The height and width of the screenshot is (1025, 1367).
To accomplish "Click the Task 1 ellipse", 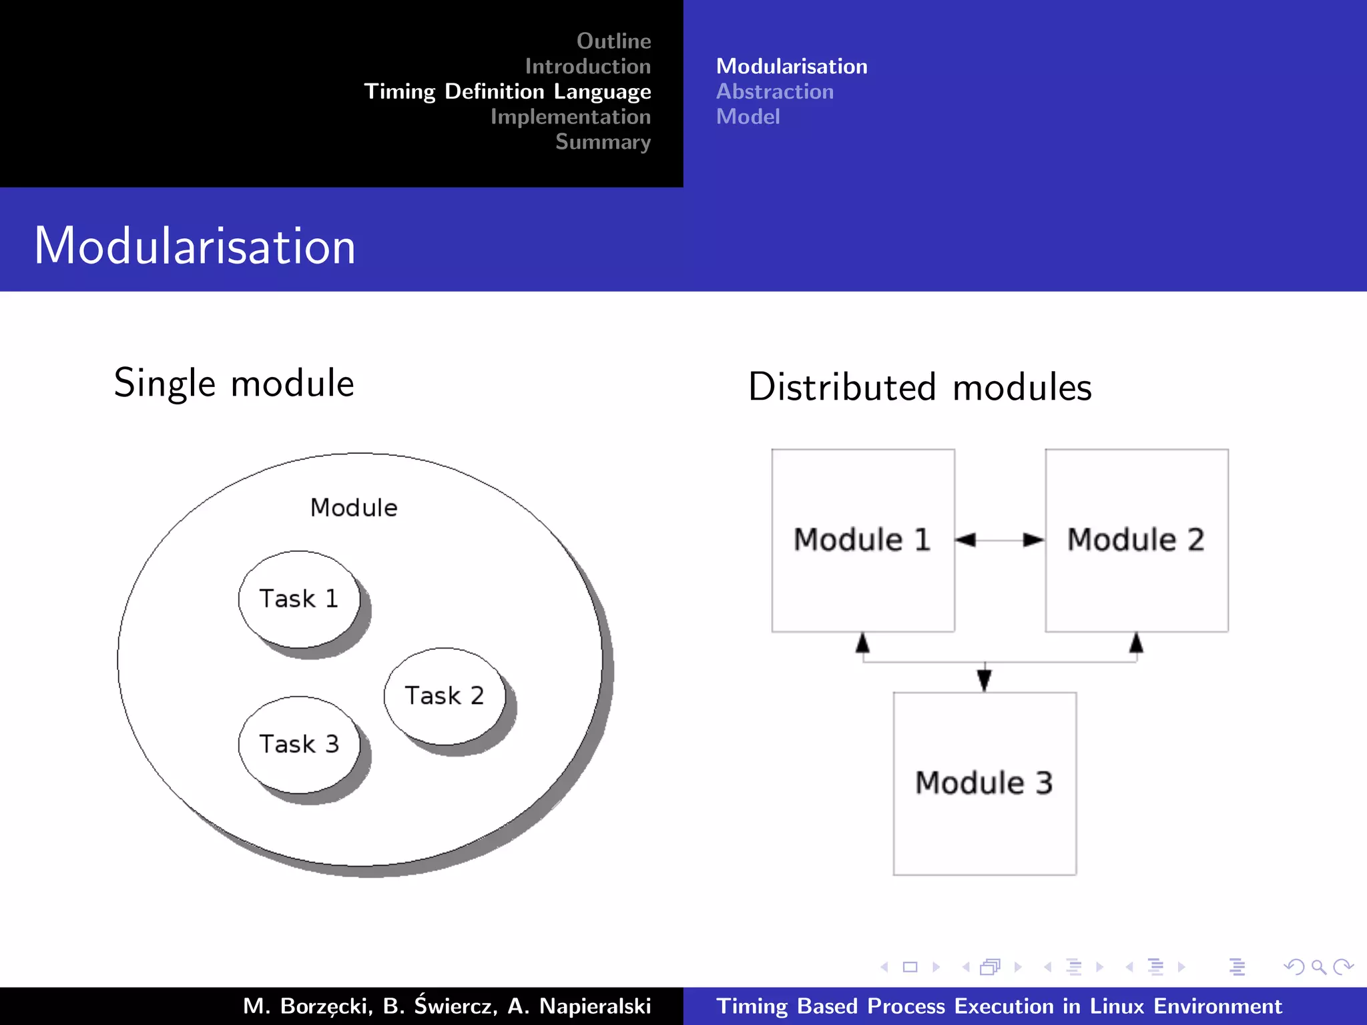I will pyautogui.click(x=298, y=599).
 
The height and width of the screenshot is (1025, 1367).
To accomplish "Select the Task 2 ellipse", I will pyautogui.click(x=444, y=696).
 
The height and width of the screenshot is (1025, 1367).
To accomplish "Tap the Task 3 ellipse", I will pyautogui.click(x=298, y=744).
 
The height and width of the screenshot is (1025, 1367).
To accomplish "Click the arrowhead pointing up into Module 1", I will pyautogui.click(x=862, y=643).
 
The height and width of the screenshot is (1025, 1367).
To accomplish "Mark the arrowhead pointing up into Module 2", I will pyautogui.click(x=1136, y=643).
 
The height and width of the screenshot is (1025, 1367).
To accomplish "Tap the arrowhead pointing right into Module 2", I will pyautogui.click(x=1033, y=540).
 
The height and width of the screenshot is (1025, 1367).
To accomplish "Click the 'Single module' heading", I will pyautogui.click(x=234, y=383).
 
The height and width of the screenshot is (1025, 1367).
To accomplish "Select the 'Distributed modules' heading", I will pyautogui.click(x=920, y=387).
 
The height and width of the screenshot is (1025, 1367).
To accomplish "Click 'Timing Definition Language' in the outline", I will pyautogui.click(x=507, y=91).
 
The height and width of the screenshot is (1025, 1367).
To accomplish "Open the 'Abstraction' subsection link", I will pyautogui.click(x=774, y=91).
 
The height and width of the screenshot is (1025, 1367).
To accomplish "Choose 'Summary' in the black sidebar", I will pyautogui.click(x=603, y=141).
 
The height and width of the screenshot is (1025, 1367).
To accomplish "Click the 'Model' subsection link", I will pyautogui.click(x=748, y=117).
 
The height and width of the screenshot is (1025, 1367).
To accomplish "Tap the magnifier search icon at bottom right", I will pyautogui.click(x=1318, y=967).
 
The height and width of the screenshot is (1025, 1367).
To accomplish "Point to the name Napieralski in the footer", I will pyautogui.click(x=595, y=1006).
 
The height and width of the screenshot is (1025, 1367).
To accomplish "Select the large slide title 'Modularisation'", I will pyautogui.click(x=195, y=246).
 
